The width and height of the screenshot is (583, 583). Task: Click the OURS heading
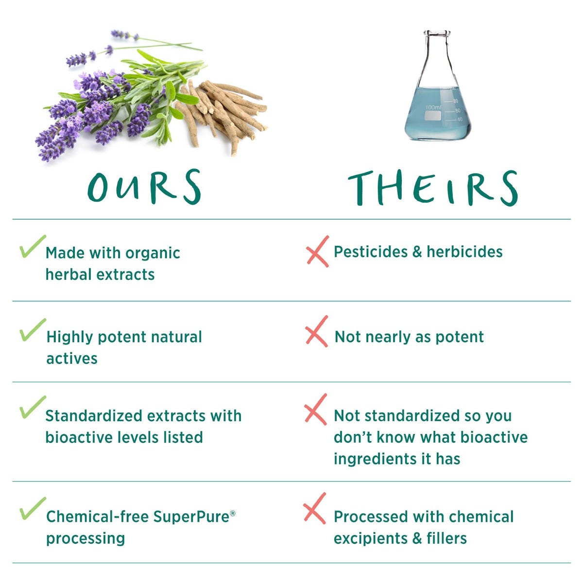tap(144, 187)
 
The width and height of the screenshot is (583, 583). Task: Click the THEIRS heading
tap(433, 188)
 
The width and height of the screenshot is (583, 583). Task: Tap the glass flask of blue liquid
tap(437, 86)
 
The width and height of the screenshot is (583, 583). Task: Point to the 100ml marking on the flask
tap(434, 107)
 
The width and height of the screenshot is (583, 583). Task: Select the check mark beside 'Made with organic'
tap(33, 246)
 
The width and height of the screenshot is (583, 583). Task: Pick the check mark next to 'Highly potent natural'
tap(33, 330)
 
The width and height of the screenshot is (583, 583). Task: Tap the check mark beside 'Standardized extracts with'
tap(33, 407)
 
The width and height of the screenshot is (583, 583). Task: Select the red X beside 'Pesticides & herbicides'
tap(317, 251)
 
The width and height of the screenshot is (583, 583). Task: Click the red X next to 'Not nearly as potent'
tap(316, 331)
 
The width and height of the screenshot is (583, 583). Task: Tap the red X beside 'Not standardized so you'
tap(316, 410)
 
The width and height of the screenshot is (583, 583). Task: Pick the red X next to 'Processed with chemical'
tap(315, 508)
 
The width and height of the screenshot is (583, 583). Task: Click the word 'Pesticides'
tap(371, 252)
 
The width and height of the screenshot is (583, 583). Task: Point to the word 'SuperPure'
tap(191, 517)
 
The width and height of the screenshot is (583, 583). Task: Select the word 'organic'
tap(153, 254)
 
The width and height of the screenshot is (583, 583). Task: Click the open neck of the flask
tap(437, 33)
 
